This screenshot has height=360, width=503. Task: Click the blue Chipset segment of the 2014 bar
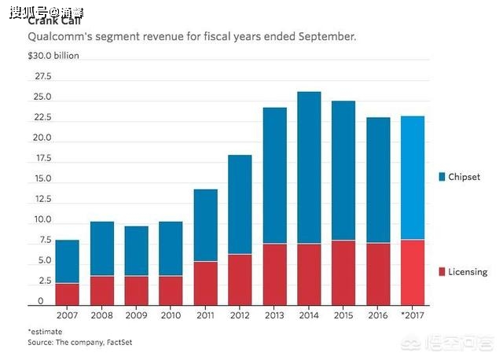(309, 167)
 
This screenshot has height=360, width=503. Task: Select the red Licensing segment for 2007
(68, 293)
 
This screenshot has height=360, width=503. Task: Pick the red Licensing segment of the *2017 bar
(412, 271)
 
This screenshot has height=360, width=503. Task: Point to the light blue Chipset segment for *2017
(412, 178)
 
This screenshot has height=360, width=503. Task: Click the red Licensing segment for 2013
(274, 274)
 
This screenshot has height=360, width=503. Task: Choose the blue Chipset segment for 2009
(137, 251)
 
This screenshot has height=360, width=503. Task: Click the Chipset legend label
(468, 178)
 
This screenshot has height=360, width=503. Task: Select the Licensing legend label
(468, 272)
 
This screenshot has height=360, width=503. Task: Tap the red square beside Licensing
(442, 272)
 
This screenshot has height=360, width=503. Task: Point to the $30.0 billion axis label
(53, 56)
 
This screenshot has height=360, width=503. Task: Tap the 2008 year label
(102, 315)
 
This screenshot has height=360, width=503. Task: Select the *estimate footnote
(45, 332)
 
